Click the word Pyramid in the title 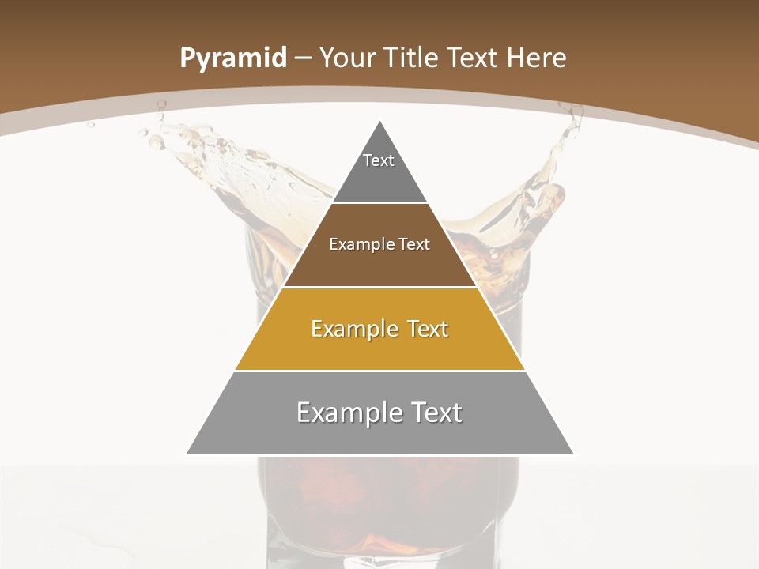pos(232,58)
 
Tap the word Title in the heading pos(413,58)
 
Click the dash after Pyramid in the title pos(303,58)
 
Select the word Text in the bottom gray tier pos(437,413)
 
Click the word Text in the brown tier pos(415,244)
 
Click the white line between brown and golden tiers pos(379,287)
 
